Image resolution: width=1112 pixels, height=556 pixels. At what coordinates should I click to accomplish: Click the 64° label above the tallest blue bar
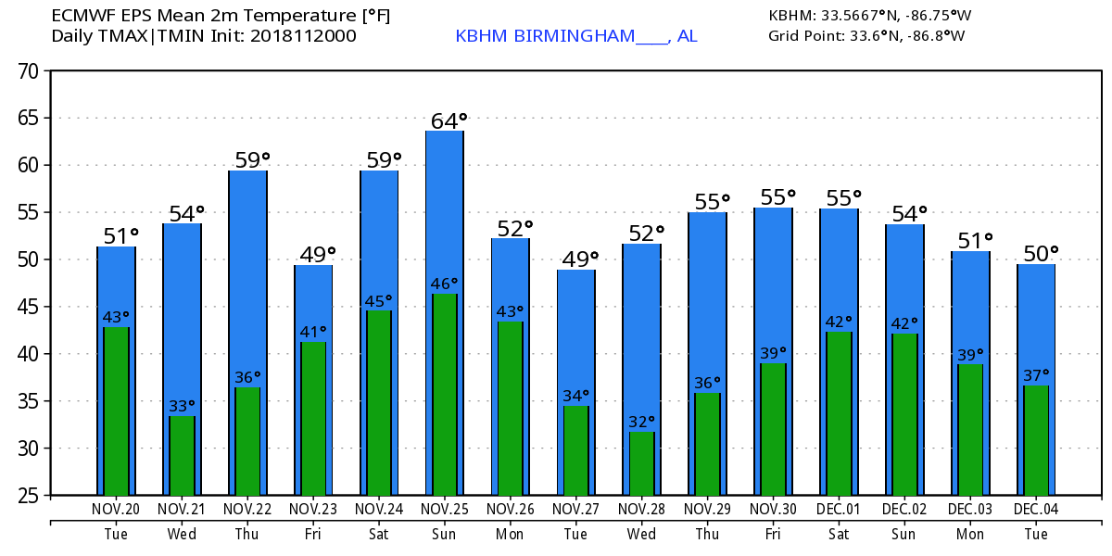(x=449, y=121)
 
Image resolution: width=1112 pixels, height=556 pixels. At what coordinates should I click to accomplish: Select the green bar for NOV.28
(x=641, y=463)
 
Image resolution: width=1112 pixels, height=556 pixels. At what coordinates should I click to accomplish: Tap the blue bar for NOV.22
(x=247, y=278)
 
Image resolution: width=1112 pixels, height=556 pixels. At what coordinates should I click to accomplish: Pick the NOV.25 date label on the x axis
(x=444, y=510)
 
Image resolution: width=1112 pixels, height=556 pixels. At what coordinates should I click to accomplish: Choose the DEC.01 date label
(x=838, y=510)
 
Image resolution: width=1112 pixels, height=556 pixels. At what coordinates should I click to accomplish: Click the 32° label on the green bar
(x=641, y=422)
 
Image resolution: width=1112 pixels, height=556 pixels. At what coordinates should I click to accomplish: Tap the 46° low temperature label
(x=444, y=284)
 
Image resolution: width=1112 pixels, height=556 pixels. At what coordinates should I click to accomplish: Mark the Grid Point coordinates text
(x=866, y=36)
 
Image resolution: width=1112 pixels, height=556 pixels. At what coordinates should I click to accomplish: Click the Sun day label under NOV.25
(x=444, y=534)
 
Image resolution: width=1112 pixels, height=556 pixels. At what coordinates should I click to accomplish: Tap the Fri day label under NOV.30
(x=773, y=534)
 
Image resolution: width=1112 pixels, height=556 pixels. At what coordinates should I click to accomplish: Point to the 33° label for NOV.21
(x=182, y=406)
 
